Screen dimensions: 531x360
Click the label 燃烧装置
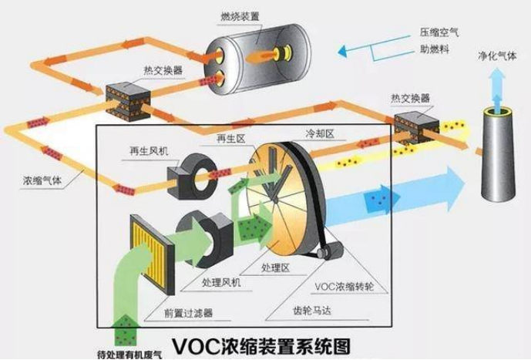click(240, 16)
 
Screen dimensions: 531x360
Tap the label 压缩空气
click(439, 32)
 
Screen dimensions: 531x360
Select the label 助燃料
click(435, 49)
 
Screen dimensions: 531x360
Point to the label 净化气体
click(497, 56)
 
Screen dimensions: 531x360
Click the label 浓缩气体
click(42, 180)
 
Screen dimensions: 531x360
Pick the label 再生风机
click(149, 150)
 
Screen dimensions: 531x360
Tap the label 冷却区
click(320, 133)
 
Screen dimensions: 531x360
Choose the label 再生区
click(230, 138)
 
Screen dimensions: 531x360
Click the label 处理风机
click(221, 282)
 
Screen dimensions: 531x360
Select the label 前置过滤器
click(188, 312)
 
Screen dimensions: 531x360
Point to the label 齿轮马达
click(311, 310)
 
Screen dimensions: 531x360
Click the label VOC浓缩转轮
click(344, 287)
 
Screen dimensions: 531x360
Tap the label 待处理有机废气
click(129, 355)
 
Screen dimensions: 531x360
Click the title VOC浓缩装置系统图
click(261, 346)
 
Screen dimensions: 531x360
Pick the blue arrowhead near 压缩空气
click(342, 51)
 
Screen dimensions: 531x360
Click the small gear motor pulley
click(322, 253)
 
